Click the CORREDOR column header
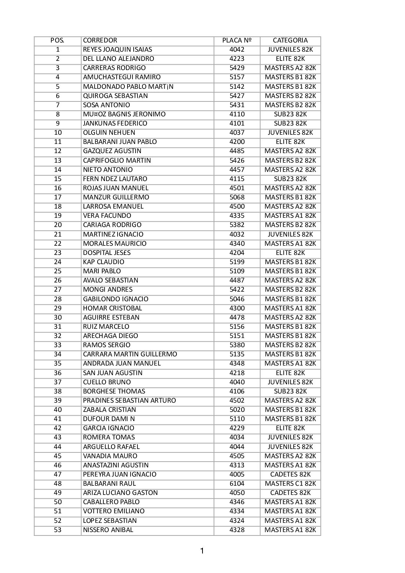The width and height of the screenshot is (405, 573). coord(100,40)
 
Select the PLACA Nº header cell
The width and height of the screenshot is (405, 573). coord(237,40)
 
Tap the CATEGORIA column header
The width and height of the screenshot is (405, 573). coord(290,40)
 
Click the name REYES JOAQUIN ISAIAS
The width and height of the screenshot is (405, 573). coord(118,49)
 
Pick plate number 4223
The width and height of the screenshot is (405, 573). coord(237,59)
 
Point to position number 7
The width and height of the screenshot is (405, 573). coord(58,105)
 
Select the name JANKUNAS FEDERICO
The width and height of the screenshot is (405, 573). coord(115,123)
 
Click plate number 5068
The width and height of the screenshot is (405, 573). coord(237,197)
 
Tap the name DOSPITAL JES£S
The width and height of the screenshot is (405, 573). coord(107,253)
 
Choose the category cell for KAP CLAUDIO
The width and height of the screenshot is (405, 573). coord(290,262)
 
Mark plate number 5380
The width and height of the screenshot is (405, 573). coord(237,345)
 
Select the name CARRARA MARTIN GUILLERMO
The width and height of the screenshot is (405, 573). coord(130,354)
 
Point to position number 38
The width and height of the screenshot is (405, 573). coord(58,391)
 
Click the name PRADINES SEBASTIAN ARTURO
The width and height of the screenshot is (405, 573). coord(129,400)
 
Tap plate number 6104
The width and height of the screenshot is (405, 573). coord(237,483)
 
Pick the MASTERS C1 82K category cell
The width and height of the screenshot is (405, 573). coord(290,483)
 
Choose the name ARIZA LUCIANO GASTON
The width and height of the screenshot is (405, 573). coord(120,493)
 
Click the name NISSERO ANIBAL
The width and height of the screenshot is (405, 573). coord(108,530)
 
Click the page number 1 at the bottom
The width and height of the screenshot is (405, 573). coord(202,551)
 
